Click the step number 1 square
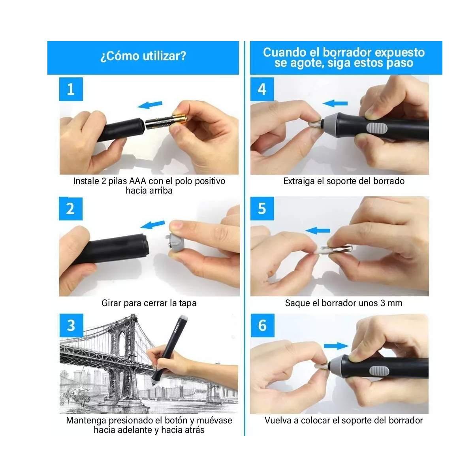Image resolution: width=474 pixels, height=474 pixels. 71,89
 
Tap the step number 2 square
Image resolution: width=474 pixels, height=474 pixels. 71,209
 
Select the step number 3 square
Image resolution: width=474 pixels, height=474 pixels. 71,325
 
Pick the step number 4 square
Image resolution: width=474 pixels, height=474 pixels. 262,89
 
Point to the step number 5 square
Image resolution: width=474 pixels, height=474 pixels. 262,208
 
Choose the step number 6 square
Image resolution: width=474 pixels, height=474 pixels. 262,325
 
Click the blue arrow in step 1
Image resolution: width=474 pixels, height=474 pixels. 150,105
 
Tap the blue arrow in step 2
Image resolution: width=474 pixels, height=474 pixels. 152,224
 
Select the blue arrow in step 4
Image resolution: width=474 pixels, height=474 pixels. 335,103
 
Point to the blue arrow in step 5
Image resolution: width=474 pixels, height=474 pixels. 318,230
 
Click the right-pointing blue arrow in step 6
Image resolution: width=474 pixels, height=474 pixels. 336,346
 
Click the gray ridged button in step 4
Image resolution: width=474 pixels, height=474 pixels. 377,128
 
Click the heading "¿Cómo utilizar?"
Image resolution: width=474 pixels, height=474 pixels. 143,56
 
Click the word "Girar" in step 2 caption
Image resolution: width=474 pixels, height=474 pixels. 111,303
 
